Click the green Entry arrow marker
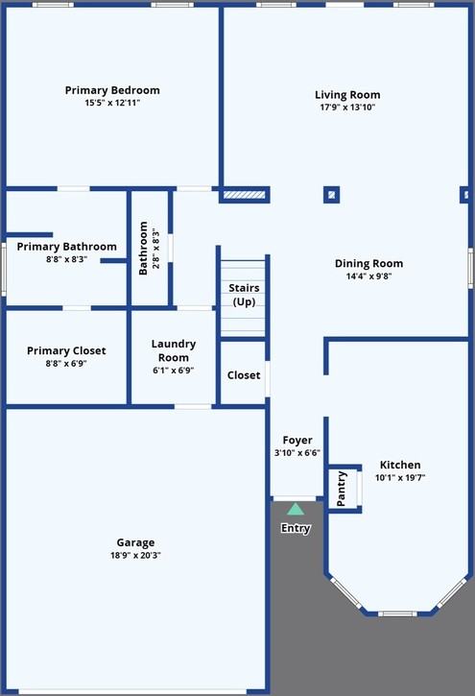coord(296,509)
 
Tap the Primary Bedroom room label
coord(112,90)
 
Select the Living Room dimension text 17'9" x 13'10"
coord(347,107)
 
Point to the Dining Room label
coord(369,264)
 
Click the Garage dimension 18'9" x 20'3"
coord(135,555)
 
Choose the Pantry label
coord(341,489)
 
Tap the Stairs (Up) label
coord(244,295)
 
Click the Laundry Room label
coord(174,350)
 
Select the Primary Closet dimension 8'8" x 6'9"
coord(66,364)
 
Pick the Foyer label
coord(297,441)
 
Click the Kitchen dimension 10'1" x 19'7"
coord(400,478)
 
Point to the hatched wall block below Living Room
coord(244,195)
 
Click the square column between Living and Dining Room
coord(331,195)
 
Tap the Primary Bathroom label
coord(66,247)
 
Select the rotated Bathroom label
coord(143,249)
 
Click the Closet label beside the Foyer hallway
coord(244,375)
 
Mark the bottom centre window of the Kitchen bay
coord(397,613)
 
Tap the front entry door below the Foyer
coord(295,499)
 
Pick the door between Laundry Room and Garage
coord(193,407)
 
